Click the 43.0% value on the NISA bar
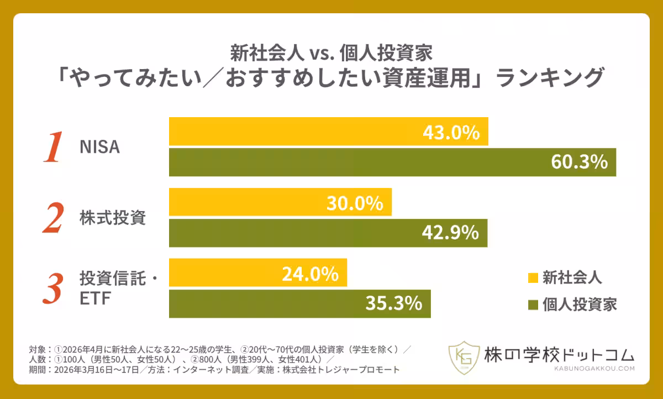tap(452, 133)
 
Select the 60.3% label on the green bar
tap(580, 162)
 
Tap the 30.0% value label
tap(355, 203)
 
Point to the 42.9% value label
tap(451, 233)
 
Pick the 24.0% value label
tap(310, 274)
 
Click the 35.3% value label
tap(394, 303)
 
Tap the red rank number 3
tap(52, 289)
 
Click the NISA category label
tap(99, 148)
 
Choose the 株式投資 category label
tap(113, 218)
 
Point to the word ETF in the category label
tap(96, 299)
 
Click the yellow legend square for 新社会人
tap(533, 276)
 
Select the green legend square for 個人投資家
tap(533, 303)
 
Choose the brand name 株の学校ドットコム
tap(559, 354)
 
